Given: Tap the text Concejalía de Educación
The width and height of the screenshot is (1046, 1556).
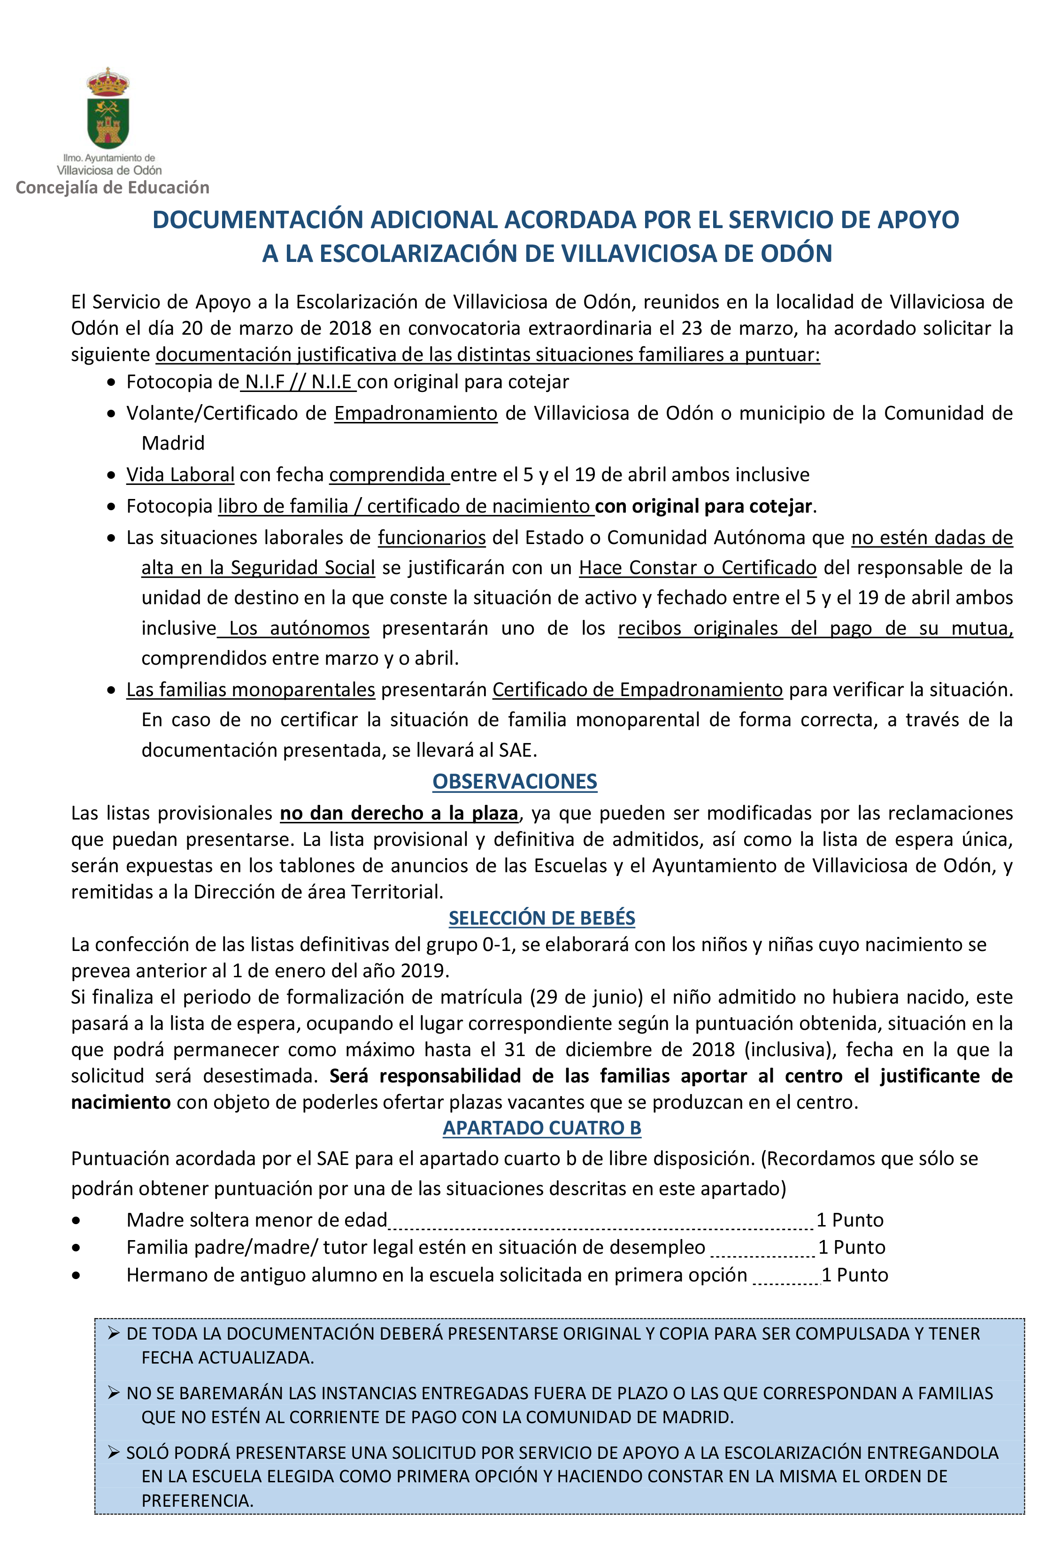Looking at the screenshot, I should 112,187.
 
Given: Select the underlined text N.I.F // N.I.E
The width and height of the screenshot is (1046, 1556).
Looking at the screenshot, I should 298,382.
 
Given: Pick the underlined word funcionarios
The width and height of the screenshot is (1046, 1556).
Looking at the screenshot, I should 431,537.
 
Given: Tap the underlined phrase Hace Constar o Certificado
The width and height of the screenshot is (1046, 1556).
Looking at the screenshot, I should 697,567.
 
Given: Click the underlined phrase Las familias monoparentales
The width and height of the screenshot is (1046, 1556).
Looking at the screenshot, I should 251,690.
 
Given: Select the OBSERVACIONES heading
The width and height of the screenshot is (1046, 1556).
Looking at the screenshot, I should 515,781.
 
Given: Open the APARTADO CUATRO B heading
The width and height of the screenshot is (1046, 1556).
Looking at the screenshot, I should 542,1128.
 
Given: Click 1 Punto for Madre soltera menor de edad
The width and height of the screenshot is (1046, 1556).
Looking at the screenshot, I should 850,1220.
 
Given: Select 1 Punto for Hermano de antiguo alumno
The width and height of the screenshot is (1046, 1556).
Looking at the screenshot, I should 854,1275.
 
